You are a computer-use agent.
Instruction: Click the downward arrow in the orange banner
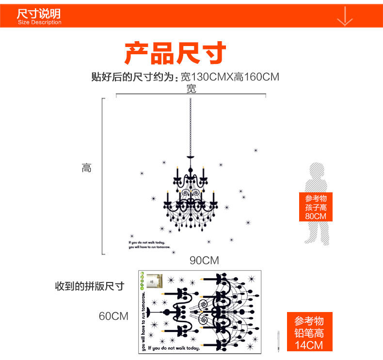pos(344,16)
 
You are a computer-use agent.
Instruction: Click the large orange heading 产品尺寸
pos(175,53)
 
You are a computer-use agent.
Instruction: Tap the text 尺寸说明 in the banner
pos(39,12)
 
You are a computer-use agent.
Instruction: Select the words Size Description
pos(40,22)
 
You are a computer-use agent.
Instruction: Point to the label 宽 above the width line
pos(191,89)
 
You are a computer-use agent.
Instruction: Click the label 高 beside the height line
pos(86,168)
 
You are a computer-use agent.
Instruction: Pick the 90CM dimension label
pos(204,261)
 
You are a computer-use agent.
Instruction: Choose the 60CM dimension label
pos(113,316)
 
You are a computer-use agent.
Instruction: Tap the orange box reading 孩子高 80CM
pos(316,207)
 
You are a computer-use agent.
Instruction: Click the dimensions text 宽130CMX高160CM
pos(230,77)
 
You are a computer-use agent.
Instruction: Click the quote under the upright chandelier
pos(150,245)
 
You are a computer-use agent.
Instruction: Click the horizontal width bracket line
pos(191,95)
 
